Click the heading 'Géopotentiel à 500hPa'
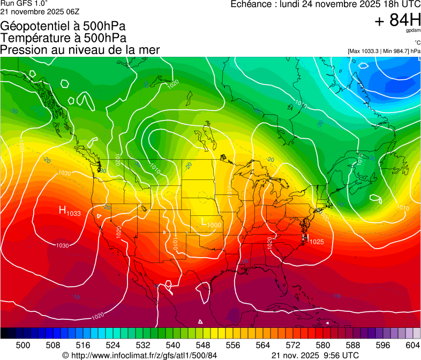pyautogui.click(x=63, y=26)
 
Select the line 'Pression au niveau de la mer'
pyautogui.click(x=80, y=50)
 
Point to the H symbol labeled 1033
pyautogui.click(x=62, y=211)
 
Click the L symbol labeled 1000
pyautogui.click(x=204, y=221)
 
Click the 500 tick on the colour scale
pyautogui.click(x=23, y=344)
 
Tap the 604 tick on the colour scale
pyautogui.click(x=413, y=344)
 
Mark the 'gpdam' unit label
pyautogui.click(x=413, y=31)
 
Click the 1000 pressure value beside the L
pyautogui.click(x=215, y=225)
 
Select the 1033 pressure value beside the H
pyautogui.click(x=74, y=214)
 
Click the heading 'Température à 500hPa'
pyautogui.click(x=63, y=38)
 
